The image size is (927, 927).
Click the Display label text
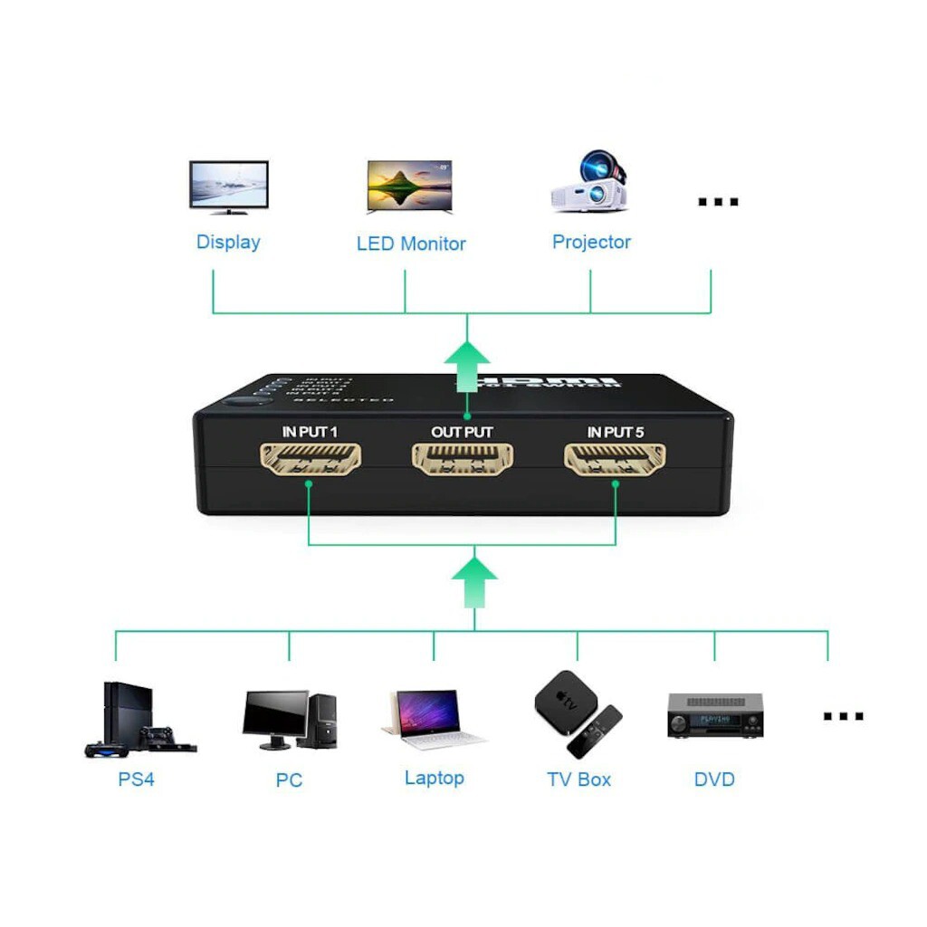pyautogui.click(x=228, y=242)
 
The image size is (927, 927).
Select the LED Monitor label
pyautogui.click(x=411, y=244)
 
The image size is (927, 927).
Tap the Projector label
pyautogui.click(x=591, y=242)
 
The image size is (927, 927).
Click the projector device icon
pyautogui.click(x=589, y=183)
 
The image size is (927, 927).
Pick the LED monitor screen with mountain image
pyautogui.click(x=409, y=186)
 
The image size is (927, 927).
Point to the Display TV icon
pyautogui.click(x=228, y=186)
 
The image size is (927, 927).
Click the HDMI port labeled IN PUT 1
pyautogui.click(x=311, y=459)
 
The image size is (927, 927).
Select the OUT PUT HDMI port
pyautogui.click(x=463, y=459)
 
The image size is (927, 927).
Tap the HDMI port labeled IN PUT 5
pyautogui.click(x=615, y=459)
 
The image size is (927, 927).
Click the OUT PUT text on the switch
pyautogui.click(x=462, y=433)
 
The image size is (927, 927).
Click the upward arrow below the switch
pyautogui.click(x=474, y=579)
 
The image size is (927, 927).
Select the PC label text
pyautogui.click(x=289, y=779)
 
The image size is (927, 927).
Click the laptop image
pyautogui.click(x=433, y=720)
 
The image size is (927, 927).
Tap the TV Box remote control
pyautogui.click(x=595, y=731)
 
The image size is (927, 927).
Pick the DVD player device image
pyautogui.click(x=715, y=715)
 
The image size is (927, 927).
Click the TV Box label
pyautogui.click(x=578, y=779)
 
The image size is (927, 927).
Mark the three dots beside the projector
pyautogui.click(x=718, y=202)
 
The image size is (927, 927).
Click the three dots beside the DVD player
pyautogui.click(x=843, y=716)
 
